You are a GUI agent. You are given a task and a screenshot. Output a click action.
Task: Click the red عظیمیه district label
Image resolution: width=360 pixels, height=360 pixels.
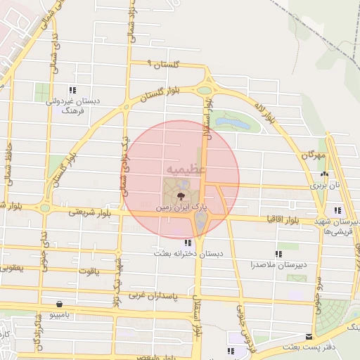point(186,170)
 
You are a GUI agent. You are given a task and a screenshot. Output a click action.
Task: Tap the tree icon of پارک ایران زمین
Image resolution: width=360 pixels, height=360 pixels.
point(181,195)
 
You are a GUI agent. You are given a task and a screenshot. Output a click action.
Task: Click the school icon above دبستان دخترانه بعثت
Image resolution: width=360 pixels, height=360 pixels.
point(187,243)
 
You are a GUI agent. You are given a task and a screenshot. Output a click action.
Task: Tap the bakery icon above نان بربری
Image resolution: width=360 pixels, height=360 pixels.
point(324,176)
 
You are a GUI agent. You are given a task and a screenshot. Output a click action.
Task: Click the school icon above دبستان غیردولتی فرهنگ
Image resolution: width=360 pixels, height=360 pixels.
point(72,90)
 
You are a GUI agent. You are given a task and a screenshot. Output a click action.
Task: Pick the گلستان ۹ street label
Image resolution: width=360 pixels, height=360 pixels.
point(162,64)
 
